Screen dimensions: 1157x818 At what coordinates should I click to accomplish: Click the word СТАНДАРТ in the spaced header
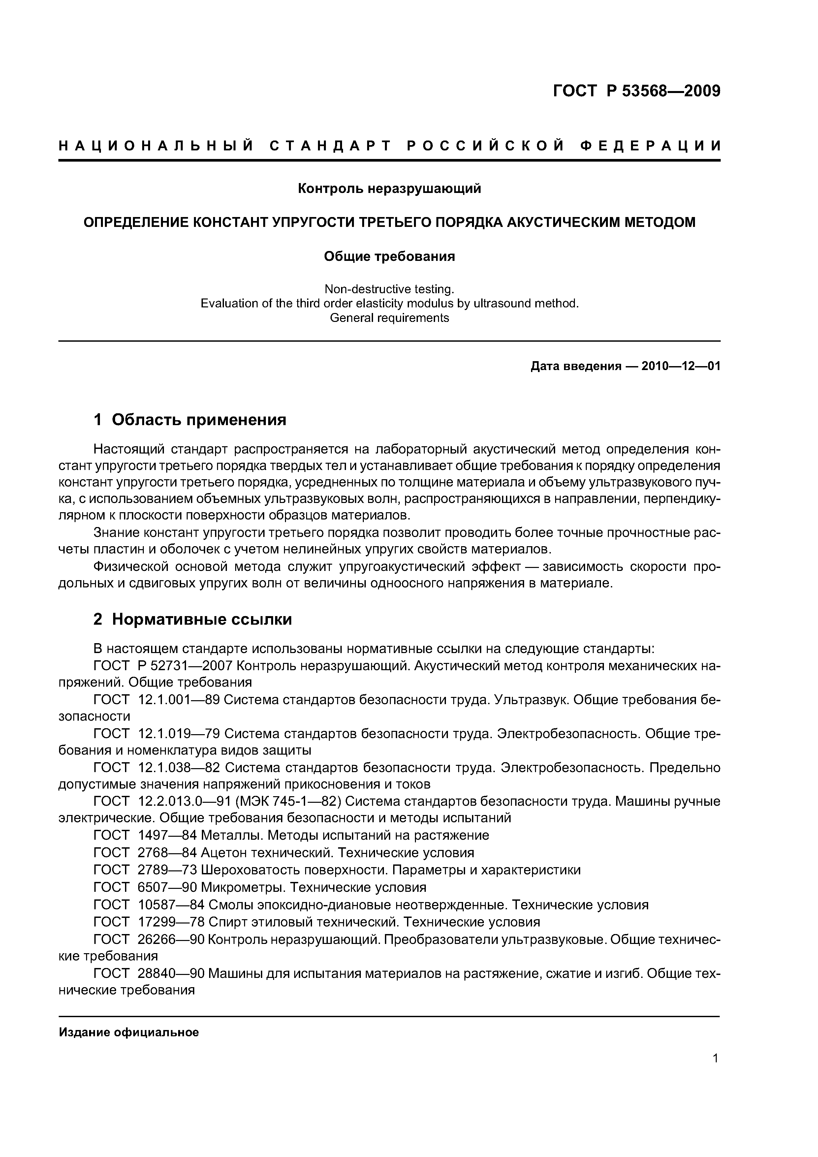[330, 146]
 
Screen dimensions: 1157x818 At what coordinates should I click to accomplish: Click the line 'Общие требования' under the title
[389, 257]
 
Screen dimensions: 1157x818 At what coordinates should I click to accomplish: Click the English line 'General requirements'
[389, 318]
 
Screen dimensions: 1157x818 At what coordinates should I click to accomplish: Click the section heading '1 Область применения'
[190, 419]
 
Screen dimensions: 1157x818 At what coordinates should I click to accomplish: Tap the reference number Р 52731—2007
[184, 666]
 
